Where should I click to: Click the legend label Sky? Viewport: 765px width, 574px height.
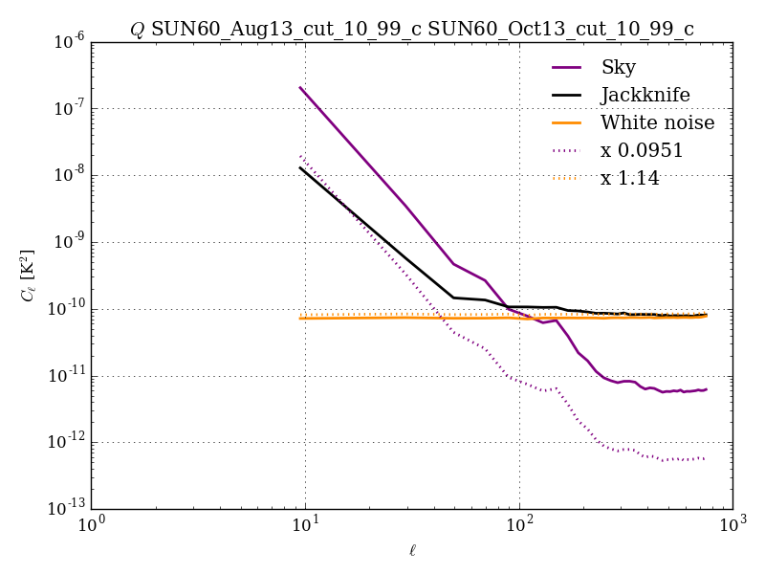[618, 67]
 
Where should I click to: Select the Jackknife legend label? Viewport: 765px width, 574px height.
[645, 95]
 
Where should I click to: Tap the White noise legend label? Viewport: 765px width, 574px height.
[657, 122]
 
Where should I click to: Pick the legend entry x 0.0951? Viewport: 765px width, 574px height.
[641, 150]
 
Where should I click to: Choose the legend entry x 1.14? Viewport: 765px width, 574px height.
[629, 178]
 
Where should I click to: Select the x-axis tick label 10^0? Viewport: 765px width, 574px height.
[92, 526]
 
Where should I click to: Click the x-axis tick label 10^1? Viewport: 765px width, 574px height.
[306, 526]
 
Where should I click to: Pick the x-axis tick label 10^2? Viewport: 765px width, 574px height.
[519, 526]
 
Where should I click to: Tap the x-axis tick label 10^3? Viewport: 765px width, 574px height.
[733, 526]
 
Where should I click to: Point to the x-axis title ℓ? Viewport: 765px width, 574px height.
[412, 551]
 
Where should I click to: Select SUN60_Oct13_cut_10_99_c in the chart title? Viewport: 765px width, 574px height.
[560, 29]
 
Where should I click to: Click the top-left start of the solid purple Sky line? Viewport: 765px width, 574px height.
[300, 87]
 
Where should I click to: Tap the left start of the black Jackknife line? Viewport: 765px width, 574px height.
[300, 167]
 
